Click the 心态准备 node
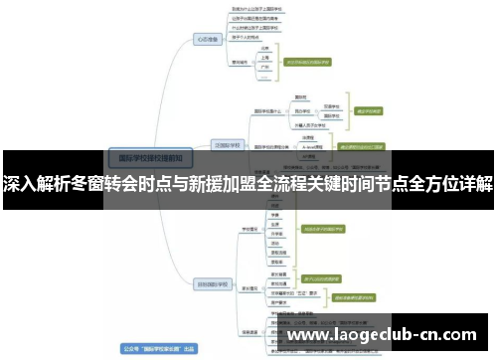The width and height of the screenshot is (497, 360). pos(207,41)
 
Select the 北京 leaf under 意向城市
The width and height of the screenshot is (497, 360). pos(265,48)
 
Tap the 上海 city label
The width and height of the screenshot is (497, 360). pos(265,59)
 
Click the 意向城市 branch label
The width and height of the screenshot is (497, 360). pos(240,61)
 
